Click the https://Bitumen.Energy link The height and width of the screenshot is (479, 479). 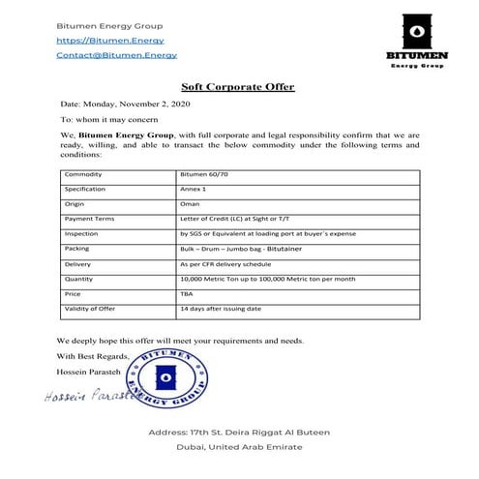tap(109, 41)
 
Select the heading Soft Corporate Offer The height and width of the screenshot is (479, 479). tap(237, 87)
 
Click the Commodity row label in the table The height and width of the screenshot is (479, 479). tap(84, 174)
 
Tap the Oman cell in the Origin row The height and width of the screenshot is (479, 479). tap(191, 204)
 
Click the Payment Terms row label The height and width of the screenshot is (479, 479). tap(89, 219)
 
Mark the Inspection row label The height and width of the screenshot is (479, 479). tap(82, 234)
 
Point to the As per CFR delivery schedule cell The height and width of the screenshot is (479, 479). tap(229, 264)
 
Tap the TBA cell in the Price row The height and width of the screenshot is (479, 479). tap(188, 294)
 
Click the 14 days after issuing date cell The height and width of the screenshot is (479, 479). tap(222, 309)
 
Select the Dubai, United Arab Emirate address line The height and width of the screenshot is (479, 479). tap(238, 447)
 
